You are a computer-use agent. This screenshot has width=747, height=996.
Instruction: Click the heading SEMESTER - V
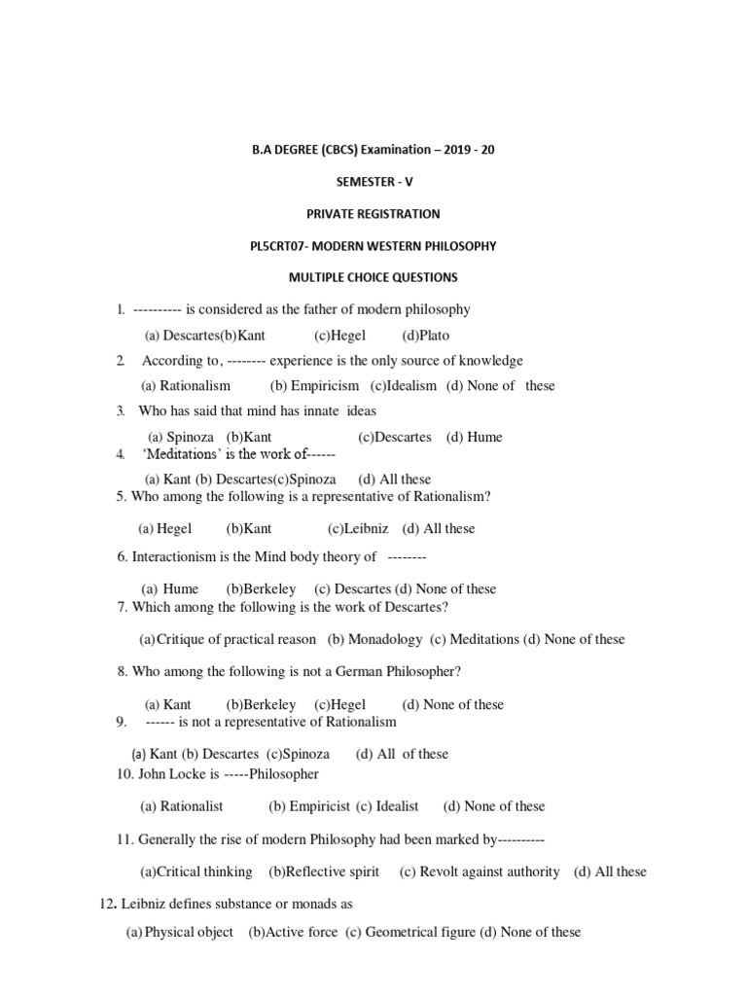pyautogui.click(x=373, y=182)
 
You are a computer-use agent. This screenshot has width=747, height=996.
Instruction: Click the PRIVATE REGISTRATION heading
pyautogui.click(x=373, y=214)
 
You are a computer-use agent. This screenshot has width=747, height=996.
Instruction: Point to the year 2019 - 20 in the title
pyautogui.click(x=469, y=151)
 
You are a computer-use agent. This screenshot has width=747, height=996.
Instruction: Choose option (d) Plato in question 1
pyautogui.click(x=425, y=336)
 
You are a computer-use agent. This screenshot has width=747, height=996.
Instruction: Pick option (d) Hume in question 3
pyautogui.click(x=474, y=437)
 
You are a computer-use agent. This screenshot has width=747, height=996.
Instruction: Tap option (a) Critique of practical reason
pyautogui.click(x=229, y=639)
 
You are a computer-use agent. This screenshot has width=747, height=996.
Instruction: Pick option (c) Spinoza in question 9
pyautogui.click(x=299, y=754)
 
